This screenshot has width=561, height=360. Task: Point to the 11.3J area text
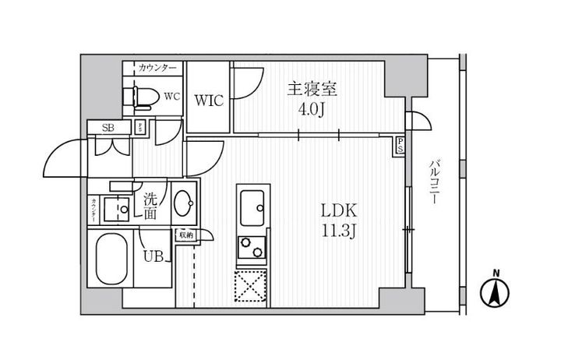point(337,231)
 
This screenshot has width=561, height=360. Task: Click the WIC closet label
point(209,101)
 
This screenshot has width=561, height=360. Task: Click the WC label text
point(171,97)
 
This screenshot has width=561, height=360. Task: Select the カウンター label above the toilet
point(158,68)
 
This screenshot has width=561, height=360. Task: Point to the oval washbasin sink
point(186,206)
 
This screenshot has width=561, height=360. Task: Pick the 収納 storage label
point(185,234)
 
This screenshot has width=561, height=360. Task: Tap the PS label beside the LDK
point(400,144)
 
